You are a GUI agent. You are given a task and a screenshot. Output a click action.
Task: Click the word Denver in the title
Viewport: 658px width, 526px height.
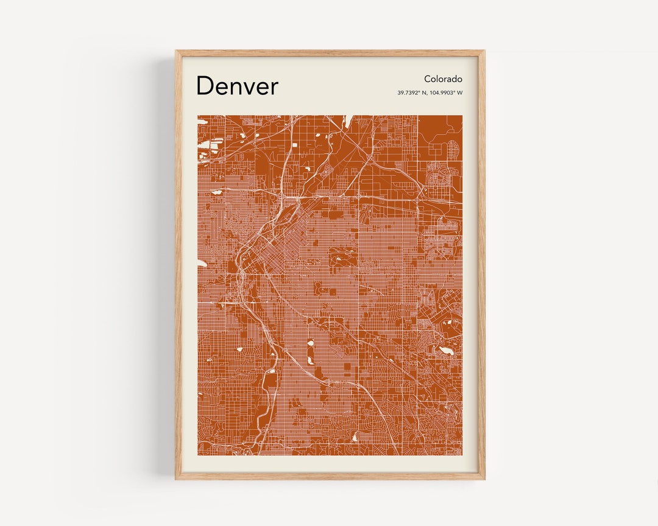(x=237, y=86)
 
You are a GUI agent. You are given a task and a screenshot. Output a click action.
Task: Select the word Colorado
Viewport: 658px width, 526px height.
(x=443, y=79)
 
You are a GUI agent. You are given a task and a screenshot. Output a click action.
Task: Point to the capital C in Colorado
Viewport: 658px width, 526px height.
(x=428, y=79)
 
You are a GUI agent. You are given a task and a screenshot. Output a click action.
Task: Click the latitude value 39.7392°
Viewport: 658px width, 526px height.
(x=408, y=93)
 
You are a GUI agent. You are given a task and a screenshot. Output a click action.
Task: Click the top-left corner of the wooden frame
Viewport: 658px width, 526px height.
(x=176, y=51)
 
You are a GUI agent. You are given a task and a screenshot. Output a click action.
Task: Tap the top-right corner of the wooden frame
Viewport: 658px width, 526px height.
(x=484, y=51)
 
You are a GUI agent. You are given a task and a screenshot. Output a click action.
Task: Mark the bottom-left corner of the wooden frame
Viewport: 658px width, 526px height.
(x=176, y=479)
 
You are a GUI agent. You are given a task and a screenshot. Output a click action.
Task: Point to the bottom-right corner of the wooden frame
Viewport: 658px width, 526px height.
(x=484, y=479)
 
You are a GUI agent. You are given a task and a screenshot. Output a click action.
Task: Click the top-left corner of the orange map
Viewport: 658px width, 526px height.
(x=198, y=116)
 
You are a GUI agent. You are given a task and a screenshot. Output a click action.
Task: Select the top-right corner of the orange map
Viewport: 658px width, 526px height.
(x=462, y=116)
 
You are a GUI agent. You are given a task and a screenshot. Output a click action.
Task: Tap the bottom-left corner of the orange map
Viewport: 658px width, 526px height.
(x=198, y=455)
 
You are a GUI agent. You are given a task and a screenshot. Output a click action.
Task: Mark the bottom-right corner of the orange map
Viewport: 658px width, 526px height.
(x=462, y=455)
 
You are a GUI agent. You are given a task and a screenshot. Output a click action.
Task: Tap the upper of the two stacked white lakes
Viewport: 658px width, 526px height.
(x=310, y=343)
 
